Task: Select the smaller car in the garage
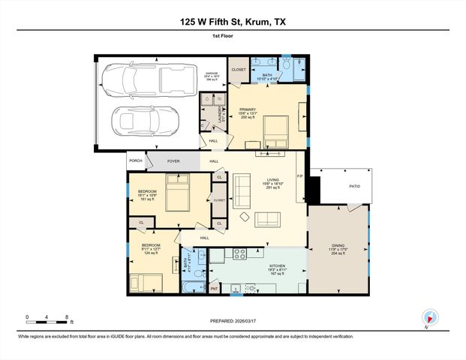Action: [146, 119]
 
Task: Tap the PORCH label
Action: [136, 160]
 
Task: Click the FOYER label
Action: [173, 160]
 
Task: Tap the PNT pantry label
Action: [214, 288]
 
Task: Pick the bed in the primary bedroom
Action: [274, 130]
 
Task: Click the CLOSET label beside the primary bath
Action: [239, 70]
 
